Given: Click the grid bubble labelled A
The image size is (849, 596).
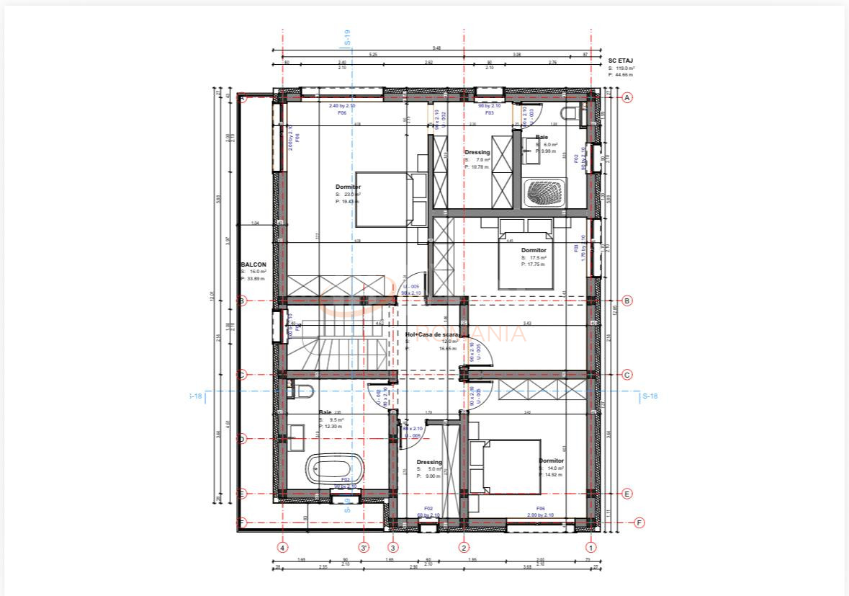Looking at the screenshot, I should (627, 97).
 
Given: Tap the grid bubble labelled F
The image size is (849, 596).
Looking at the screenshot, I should (639, 522).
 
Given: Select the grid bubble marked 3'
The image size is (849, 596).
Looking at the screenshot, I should (364, 547).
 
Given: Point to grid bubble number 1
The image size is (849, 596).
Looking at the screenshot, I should (592, 547).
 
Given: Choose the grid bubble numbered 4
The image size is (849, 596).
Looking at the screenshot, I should (282, 547).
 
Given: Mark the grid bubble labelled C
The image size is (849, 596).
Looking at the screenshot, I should (627, 374).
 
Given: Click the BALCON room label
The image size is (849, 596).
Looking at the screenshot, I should (253, 264).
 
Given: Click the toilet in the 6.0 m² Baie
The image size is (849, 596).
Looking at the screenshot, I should (570, 112).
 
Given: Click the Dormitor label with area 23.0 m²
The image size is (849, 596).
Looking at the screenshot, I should (348, 187).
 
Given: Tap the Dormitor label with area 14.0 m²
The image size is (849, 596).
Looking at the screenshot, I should (551, 461).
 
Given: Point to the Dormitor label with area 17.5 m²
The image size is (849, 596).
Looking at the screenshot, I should (534, 250).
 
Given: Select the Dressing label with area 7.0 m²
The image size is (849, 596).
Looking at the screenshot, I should (477, 152).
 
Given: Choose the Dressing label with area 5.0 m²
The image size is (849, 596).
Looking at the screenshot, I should (429, 462).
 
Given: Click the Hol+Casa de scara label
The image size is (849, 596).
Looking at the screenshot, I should (431, 334).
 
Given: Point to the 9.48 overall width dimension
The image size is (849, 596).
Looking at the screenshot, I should (436, 48).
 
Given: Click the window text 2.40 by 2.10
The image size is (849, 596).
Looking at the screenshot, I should (342, 106).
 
